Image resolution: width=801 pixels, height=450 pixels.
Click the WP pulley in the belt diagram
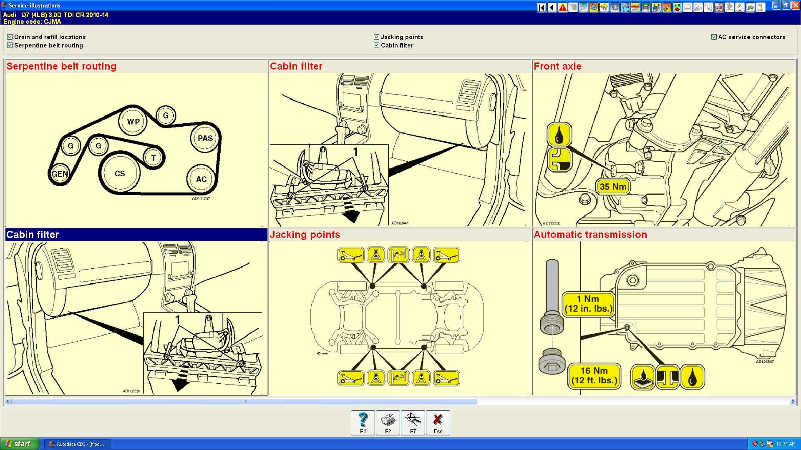133,122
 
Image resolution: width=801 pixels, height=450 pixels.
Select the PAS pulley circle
205,138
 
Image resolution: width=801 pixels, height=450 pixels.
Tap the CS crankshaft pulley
120,173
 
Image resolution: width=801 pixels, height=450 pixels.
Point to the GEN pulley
60,174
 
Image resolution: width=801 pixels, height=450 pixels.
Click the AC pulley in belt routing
202,179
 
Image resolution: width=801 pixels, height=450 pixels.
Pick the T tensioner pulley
154,158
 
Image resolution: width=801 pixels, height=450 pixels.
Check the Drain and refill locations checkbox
10,37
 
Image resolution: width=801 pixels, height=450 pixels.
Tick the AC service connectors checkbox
714,37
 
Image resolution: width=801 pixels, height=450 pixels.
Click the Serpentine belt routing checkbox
10,45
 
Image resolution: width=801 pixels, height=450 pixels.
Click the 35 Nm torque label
613,187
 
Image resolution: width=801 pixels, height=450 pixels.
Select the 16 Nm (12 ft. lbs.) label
594,376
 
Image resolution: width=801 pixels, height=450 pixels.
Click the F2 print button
388,422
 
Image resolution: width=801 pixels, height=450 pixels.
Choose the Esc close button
438,422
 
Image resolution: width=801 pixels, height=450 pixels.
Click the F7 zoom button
413,422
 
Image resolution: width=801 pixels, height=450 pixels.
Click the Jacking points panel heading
305,235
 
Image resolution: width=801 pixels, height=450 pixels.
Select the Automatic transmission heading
590,235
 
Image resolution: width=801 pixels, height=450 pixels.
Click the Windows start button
20,444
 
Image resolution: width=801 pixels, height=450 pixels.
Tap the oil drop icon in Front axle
559,134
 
